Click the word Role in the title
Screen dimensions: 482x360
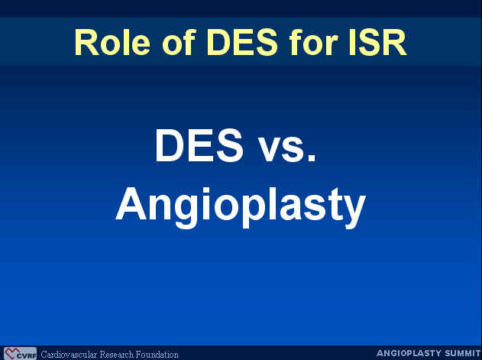point(112,42)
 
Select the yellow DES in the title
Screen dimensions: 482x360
point(243,42)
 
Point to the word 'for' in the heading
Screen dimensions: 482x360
point(313,42)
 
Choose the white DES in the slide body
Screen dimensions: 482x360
point(199,145)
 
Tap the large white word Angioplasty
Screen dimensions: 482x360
point(241,207)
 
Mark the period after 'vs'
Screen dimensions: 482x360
point(312,158)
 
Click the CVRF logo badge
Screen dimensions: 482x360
point(21,353)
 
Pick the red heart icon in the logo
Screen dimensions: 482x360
point(11,353)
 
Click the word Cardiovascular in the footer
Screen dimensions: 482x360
point(69,355)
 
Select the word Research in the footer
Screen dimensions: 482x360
point(117,355)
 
